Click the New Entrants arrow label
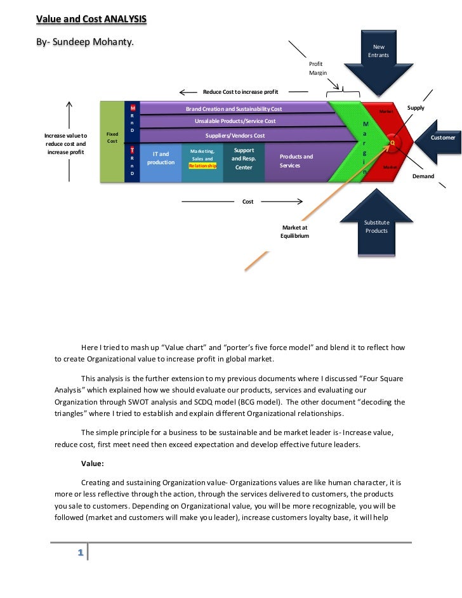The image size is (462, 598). coord(378,51)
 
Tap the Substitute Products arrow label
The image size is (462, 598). coord(376,226)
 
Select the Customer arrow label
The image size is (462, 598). coord(443,138)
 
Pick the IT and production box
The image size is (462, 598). coord(161,158)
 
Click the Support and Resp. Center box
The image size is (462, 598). coord(244,159)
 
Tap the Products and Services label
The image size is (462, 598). coord(296,161)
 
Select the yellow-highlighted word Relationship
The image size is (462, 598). coord(202,166)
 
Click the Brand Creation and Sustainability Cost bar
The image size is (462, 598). coord(234,109)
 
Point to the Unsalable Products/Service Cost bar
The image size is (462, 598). coord(235,121)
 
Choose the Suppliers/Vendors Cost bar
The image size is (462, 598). coord(235,136)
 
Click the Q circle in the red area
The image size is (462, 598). coord(392,143)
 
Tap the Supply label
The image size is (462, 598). coord(416,108)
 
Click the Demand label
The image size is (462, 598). coord(423,176)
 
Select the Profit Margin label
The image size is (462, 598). coord(318,68)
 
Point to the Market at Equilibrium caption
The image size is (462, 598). coord(294,231)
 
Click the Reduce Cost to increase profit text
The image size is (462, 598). coord(241,92)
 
